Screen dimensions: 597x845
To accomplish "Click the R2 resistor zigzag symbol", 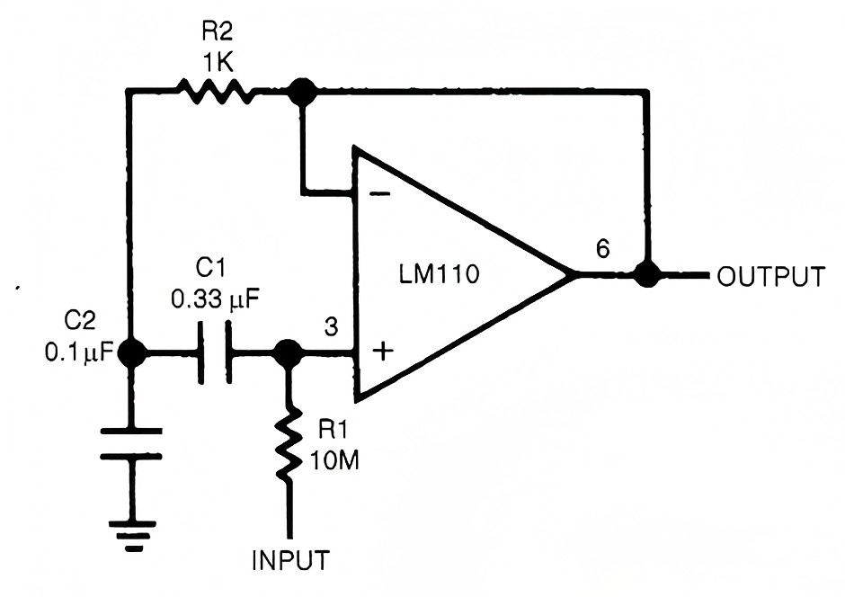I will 212,91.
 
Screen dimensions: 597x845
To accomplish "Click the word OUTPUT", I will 769,276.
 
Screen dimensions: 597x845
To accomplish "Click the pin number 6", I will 602,248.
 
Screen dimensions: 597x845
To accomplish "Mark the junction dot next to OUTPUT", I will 645,274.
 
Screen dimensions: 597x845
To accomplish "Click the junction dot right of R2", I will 303,91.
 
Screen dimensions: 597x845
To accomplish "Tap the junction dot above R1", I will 289,352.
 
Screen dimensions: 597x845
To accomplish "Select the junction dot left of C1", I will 132,352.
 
